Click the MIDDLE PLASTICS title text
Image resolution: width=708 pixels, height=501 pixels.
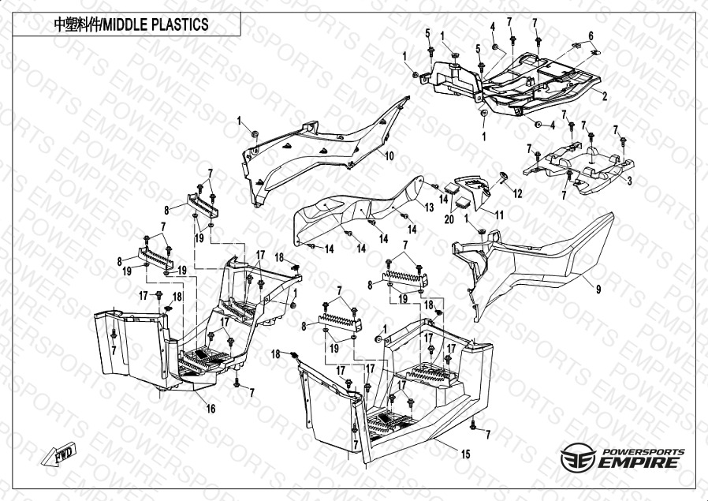[x=131, y=24]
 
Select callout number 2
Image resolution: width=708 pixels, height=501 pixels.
[x=604, y=96]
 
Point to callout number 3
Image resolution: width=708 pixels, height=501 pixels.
[x=629, y=180]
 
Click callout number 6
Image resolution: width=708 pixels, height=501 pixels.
[x=591, y=36]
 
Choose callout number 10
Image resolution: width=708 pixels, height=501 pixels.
[x=389, y=156]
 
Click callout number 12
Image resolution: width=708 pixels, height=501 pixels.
[x=518, y=193]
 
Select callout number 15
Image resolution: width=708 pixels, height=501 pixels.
[x=465, y=454]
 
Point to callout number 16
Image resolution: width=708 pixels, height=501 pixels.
[x=211, y=408]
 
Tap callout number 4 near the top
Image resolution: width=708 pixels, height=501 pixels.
[x=493, y=27]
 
